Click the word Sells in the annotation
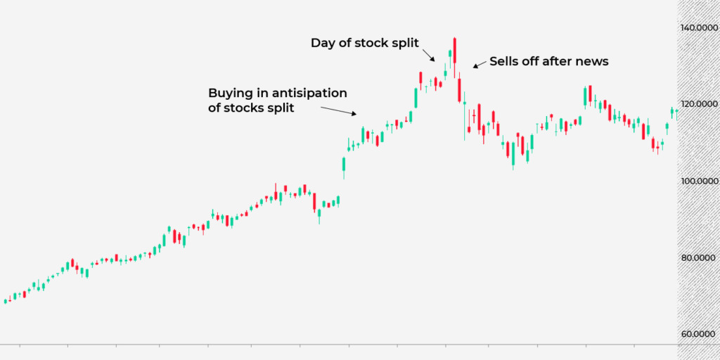tap(506, 62)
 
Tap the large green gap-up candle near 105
tap(344, 164)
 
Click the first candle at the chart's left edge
tap(6, 300)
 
